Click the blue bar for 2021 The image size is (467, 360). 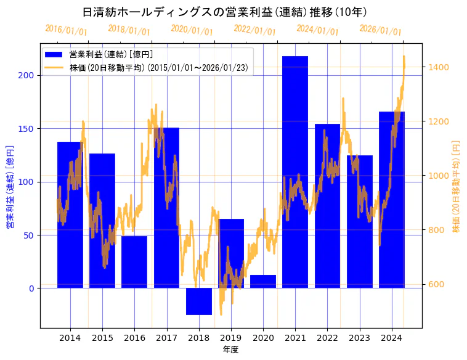(x=295, y=172)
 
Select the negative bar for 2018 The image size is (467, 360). (x=199, y=301)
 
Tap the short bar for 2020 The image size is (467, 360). (x=263, y=281)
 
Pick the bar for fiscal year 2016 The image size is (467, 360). (x=134, y=262)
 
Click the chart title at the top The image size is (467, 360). (x=225, y=12)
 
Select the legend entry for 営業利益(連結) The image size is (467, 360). (x=111, y=55)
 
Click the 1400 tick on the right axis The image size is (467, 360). (x=439, y=67)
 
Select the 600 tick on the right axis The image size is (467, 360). (x=437, y=284)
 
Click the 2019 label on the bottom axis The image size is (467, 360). (x=231, y=338)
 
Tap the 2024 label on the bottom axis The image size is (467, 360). (x=392, y=338)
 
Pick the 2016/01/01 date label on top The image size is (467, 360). (x=67, y=30)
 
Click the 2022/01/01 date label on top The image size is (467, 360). (x=254, y=30)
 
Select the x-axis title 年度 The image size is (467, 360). (x=230, y=350)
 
